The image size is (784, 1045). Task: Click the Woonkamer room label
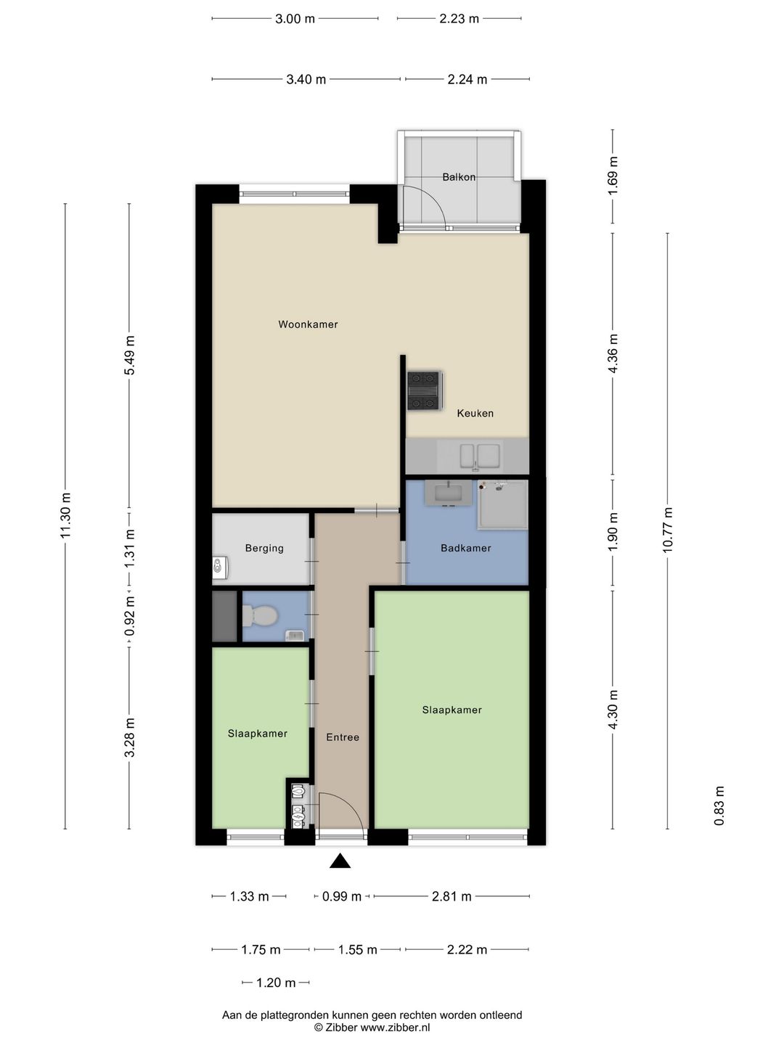tap(308, 324)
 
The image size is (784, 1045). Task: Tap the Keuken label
tap(475, 413)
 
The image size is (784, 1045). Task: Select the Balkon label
tap(459, 176)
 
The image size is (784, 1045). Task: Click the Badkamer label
tap(465, 548)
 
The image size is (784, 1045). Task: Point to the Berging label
tap(264, 548)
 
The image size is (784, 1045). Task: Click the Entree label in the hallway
tap(342, 737)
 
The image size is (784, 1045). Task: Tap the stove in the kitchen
tap(424, 390)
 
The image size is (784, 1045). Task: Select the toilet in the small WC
tap(259, 616)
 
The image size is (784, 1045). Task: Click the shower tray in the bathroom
tap(502, 505)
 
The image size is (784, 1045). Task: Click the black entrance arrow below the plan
tap(340, 861)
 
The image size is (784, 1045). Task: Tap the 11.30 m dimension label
tap(66, 515)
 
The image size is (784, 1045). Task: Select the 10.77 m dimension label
tap(668, 530)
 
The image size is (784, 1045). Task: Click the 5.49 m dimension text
tap(130, 356)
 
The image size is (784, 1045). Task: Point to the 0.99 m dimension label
tap(341, 896)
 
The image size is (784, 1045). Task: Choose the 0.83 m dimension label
tap(719, 806)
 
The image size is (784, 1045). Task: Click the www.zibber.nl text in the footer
tap(395, 1027)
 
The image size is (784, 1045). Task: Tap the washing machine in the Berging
tap(219, 567)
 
